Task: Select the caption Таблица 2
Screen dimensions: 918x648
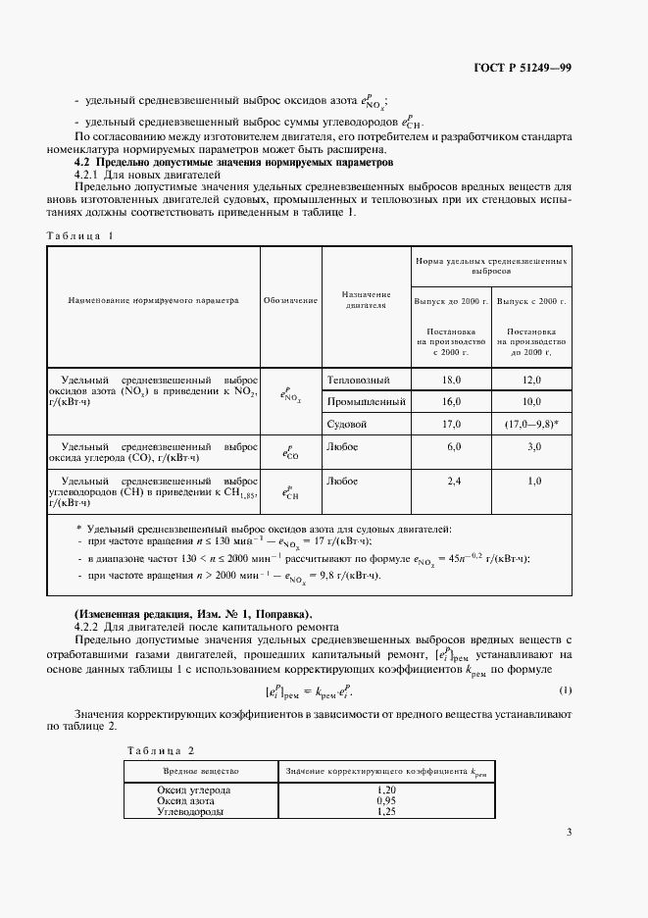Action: pos(162,750)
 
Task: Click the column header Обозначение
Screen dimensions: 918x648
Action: pos(290,301)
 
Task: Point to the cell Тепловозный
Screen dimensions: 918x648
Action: pos(358,380)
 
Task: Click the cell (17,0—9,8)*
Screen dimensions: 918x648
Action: pos(531,425)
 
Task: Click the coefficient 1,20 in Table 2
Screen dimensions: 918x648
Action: pos(387,790)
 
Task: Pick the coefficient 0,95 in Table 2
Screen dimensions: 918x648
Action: pos(387,801)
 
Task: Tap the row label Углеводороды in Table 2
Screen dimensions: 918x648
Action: pos(190,812)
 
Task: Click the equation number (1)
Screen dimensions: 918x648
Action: pos(565,690)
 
